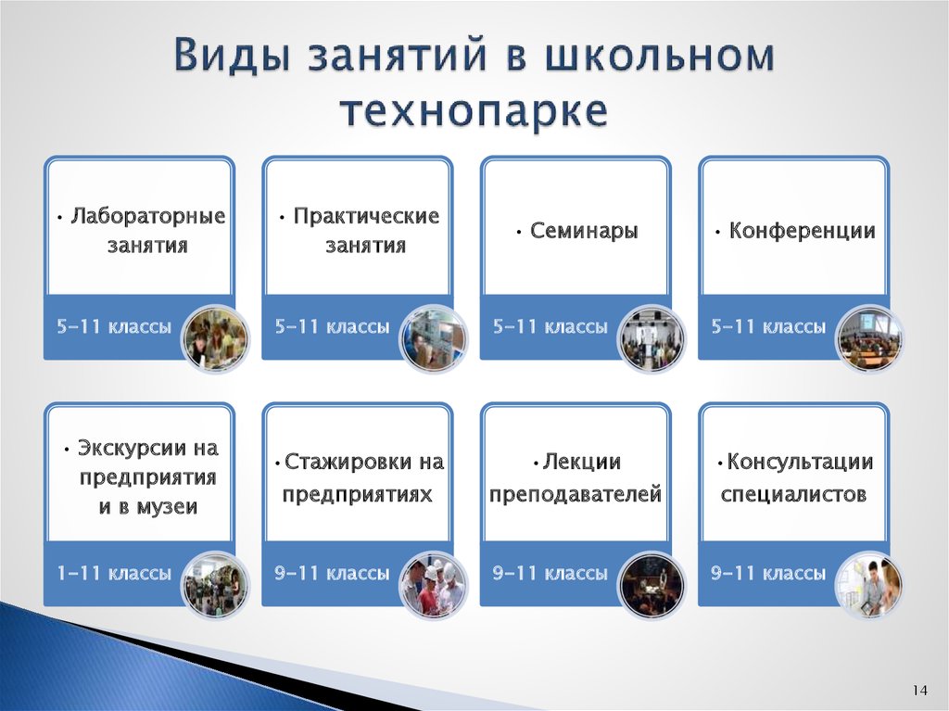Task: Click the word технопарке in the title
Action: tap(474, 110)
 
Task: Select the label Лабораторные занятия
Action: tap(140, 231)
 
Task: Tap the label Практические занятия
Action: tap(359, 231)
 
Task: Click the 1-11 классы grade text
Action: tap(114, 574)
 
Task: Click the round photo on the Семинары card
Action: tap(652, 338)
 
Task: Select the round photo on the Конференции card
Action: tap(869, 338)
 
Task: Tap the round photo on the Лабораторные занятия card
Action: tap(215, 338)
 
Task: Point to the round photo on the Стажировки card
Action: tap(433, 585)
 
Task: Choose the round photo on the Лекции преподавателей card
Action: tap(652, 585)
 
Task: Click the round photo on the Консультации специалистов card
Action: tap(869, 585)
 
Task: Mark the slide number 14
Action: tap(919, 691)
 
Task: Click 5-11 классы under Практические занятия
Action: tap(332, 327)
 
